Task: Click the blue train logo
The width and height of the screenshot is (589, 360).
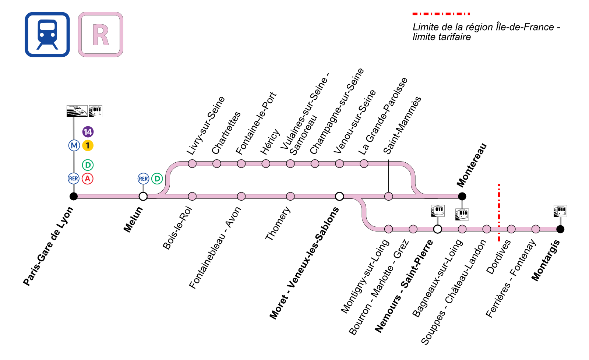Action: point(47,35)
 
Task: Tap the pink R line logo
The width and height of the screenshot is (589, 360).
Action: point(100,35)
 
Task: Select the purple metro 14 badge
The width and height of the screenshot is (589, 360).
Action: point(88,132)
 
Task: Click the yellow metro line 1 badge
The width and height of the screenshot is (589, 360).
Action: point(88,145)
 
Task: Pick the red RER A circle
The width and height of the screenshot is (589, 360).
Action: point(88,179)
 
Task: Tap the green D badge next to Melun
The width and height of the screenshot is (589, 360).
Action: point(157,179)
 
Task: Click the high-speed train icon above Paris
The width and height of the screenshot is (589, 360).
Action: point(77,111)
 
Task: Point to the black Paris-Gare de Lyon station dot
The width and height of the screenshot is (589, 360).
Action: point(74,196)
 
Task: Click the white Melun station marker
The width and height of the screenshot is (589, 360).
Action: point(143,196)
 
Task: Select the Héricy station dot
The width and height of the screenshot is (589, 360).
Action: point(266,163)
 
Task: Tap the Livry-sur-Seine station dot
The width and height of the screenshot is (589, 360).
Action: point(192,163)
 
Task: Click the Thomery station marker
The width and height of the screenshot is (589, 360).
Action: point(290,196)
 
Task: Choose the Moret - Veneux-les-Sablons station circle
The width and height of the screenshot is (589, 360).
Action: point(339,196)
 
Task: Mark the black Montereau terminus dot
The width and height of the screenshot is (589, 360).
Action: point(462,196)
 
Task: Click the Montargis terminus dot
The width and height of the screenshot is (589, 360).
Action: point(560,229)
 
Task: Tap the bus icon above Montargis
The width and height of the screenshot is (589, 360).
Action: point(560,211)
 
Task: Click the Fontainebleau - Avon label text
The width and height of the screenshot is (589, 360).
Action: point(215,248)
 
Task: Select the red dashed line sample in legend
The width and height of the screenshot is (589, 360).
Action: point(441,14)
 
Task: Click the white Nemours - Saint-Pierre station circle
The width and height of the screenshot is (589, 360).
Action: point(437,229)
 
